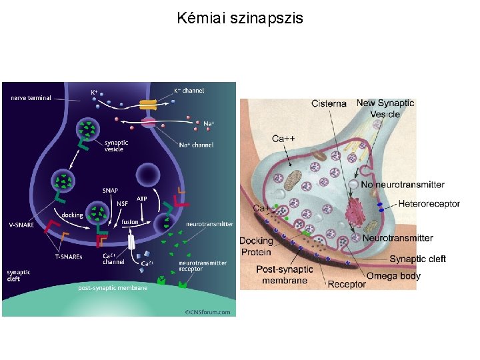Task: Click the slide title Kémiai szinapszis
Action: [x=240, y=18]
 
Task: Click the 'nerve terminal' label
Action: [x=31, y=98]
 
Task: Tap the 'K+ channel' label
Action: [x=189, y=91]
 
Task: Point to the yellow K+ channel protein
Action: [x=147, y=105]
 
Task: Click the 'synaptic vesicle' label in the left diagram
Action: [x=116, y=145]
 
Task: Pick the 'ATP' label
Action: [x=142, y=199]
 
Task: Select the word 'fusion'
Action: [x=129, y=222]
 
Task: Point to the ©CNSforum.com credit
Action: [x=207, y=311]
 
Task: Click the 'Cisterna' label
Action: [x=329, y=103]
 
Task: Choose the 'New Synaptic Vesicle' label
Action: [x=385, y=108]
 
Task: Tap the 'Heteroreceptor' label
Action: [x=429, y=203]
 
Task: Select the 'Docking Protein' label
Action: [x=257, y=246]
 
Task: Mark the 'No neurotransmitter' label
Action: [x=402, y=185]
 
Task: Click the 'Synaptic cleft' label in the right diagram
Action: [x=417, y=259]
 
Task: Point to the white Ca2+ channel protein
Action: [x=131, y=242]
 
